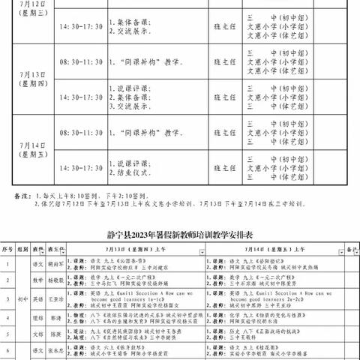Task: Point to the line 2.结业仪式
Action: [x=136, y=172]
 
